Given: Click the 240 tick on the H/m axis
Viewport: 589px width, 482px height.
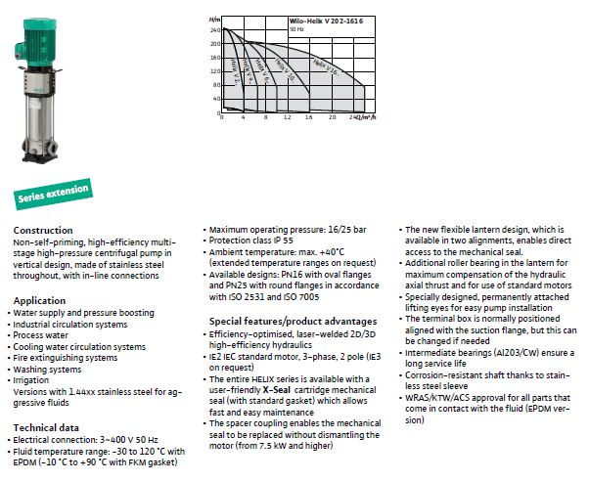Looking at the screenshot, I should pyautogui.click(x=214, y=30).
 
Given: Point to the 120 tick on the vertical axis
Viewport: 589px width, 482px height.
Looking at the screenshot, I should pyautogui.click(x=214, y=71).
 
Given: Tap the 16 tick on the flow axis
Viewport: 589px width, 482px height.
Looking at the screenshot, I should pyautogui.click(x=308, y=117).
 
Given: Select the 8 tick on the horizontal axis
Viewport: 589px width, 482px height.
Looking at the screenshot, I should pyautogui.click(x=264, y=117).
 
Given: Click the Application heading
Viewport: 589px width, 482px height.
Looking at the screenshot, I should pyautogui.click(x=40, y=300).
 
